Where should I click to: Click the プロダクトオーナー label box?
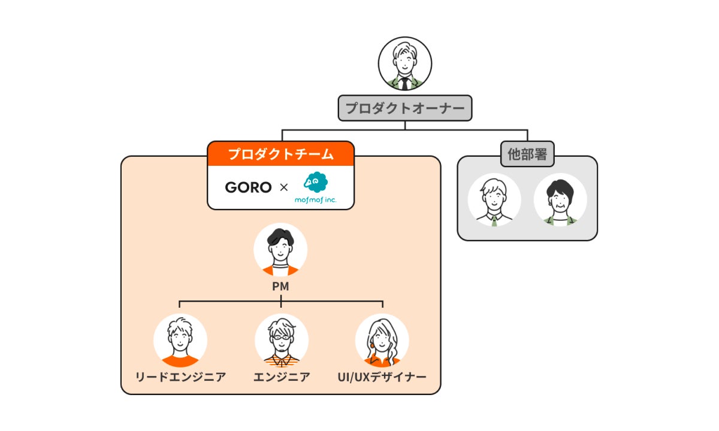pos(405,108)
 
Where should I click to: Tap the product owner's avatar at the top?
pos(405,63)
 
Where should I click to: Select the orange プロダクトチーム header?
pos(280,154)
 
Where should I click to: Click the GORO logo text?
pos(248,187)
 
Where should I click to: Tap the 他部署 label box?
pos(527,154)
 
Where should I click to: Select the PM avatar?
pos(280,250)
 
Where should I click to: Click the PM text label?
pos(280,287)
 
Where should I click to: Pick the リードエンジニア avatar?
pos(180,341)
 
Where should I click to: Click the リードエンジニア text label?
pos(180,377)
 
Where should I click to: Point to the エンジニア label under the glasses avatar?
pos(282,377)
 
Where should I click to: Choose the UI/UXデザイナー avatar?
pos(382,341)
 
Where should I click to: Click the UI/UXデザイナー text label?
pos(382,377)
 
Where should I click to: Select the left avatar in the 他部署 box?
pos(494,200)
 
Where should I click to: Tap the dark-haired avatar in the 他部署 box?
pos(561,200)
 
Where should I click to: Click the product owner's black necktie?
pos(405,83)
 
